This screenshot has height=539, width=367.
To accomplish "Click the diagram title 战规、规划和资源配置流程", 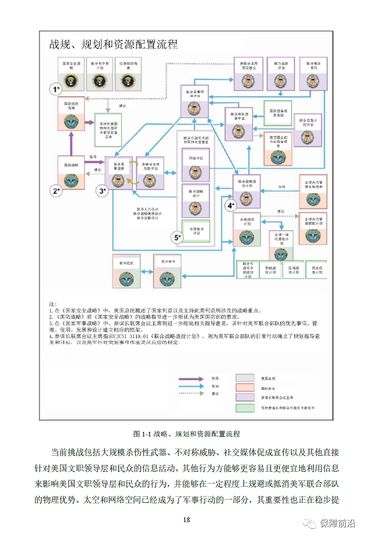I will [114, 45].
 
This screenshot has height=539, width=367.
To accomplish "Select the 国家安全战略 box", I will [72, 74].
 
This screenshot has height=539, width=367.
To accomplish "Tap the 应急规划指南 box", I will [128, 74].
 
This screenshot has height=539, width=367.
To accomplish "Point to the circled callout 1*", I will [57, 89].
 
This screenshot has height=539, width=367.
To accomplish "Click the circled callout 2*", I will [57, 190].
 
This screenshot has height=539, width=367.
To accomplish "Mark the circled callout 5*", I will [178, 238].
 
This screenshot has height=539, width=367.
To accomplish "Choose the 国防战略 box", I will [71, 173].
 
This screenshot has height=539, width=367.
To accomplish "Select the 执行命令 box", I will [168, 270].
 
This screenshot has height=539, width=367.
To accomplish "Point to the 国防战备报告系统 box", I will [277, 113].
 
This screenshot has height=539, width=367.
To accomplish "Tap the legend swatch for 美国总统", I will [246, 378].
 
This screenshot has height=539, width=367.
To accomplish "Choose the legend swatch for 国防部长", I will [246, 388].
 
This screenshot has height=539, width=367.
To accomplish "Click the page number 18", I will [187, 520].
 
